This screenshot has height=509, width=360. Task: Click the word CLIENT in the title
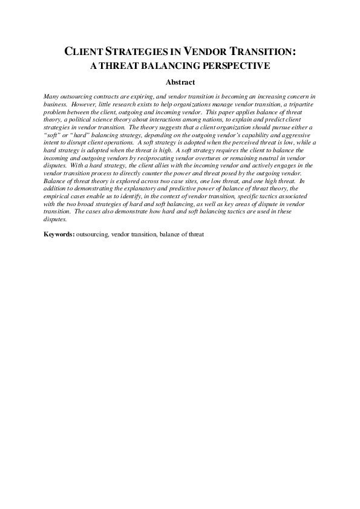tap(85, 53)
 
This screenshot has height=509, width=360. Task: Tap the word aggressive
tap(298, 134)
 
